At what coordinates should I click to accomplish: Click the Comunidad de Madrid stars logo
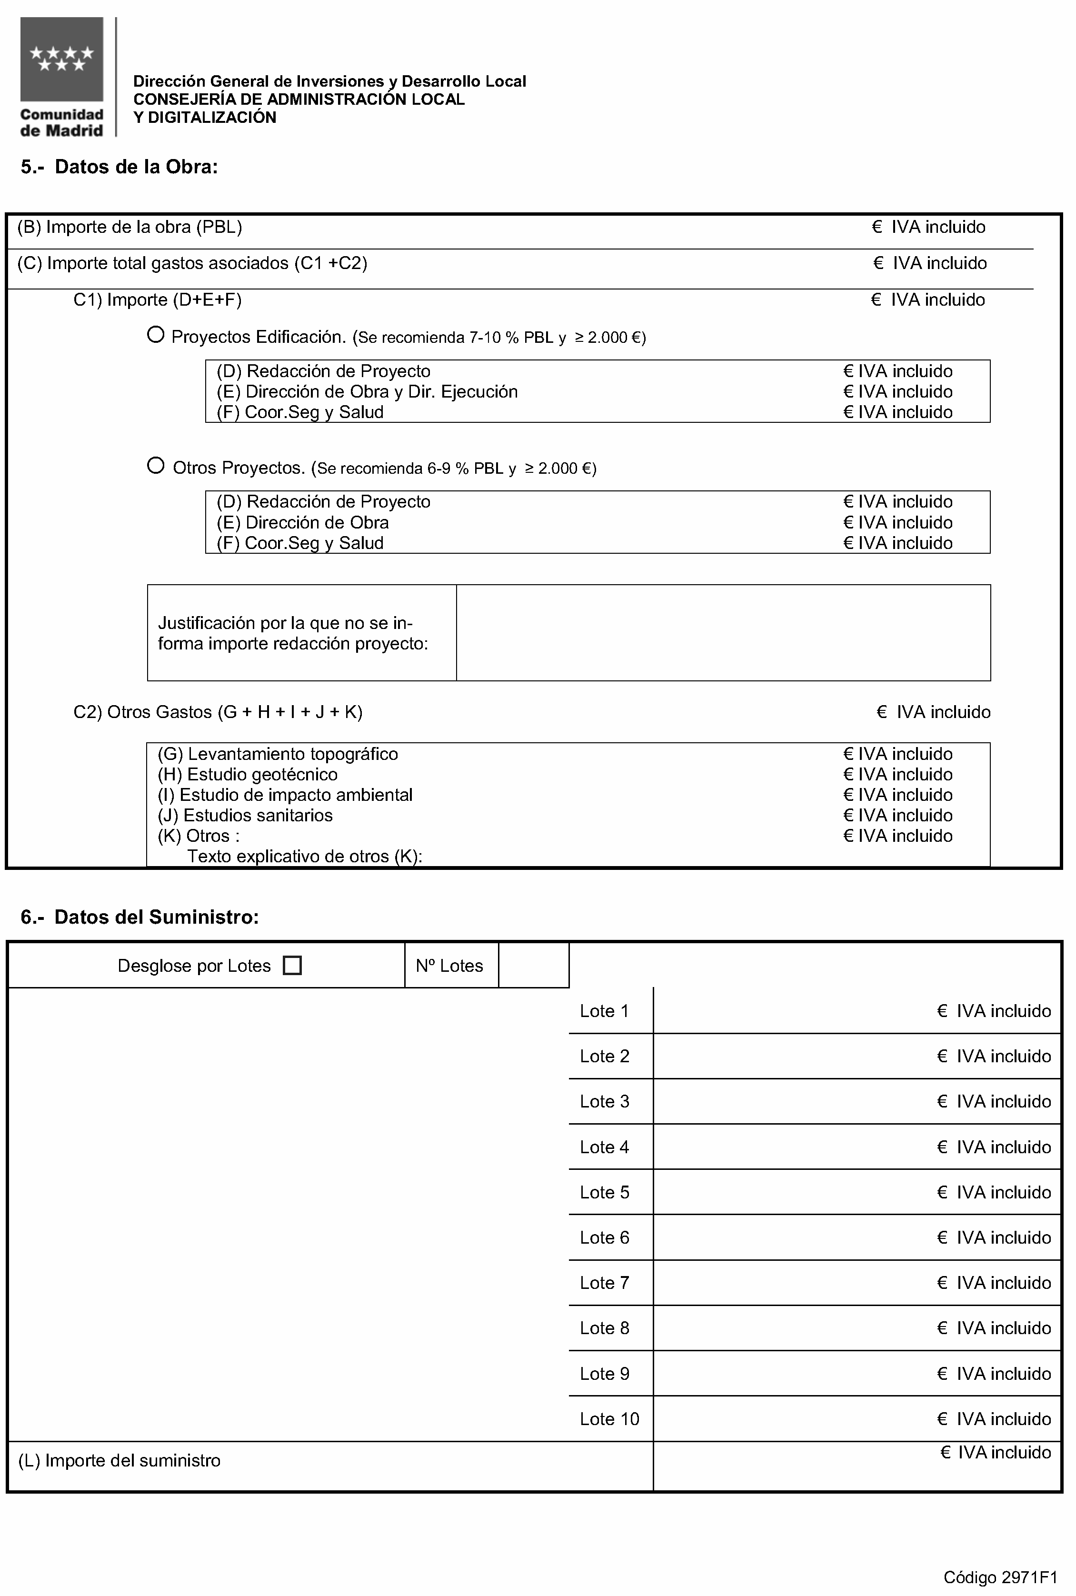pos(62,60)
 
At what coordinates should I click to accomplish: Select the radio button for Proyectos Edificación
pos(156,335)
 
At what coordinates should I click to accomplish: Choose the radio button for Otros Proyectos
pos(156,466)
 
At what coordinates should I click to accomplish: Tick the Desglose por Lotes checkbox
pos(292,966)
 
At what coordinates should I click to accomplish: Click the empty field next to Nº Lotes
pos(533,966)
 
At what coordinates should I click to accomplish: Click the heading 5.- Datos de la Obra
pos(120,167)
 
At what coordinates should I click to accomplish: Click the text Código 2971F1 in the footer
pos(1000,1577)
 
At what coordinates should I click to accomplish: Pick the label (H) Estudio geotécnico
pos(248,774)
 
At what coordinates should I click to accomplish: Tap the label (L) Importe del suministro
pos(120,1460)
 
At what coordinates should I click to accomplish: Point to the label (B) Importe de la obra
pos(130,227)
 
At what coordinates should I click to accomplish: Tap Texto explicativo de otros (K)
pos(305,856)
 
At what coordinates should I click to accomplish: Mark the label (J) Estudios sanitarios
pos(245,815)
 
